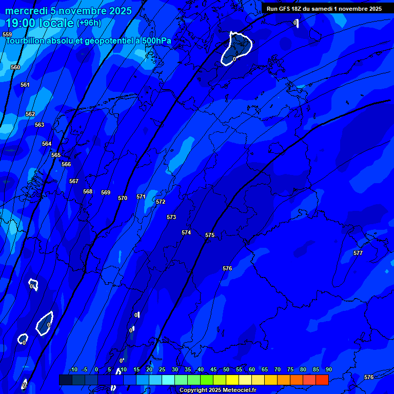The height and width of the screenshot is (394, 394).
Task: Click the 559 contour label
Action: tap(7, 34)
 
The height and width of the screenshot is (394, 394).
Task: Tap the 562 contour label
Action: tap(30, 114)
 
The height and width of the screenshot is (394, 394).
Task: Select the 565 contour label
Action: tap(56, 155)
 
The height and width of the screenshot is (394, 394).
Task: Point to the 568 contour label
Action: tap(88, 191)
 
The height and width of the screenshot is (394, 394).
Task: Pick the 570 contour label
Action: tap(122, 198)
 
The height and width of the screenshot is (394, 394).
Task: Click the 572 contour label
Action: tap(161, 202)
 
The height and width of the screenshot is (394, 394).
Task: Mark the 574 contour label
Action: tap(186, 232)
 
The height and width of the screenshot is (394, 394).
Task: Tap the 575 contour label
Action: tap(210, 235)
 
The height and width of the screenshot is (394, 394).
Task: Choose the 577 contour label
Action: tap(358, 253)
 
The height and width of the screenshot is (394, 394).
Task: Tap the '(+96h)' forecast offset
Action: tap(89, 23)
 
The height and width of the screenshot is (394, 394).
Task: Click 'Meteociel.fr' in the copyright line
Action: tap(239, 390)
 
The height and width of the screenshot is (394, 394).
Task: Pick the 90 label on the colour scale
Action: tap(328, 370)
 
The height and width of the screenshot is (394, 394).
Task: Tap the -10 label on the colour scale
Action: tap(73, 370)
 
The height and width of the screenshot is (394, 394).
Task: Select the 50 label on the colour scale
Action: tap(226, 370)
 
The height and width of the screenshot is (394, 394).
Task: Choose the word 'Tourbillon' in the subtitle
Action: tap(25, 41)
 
